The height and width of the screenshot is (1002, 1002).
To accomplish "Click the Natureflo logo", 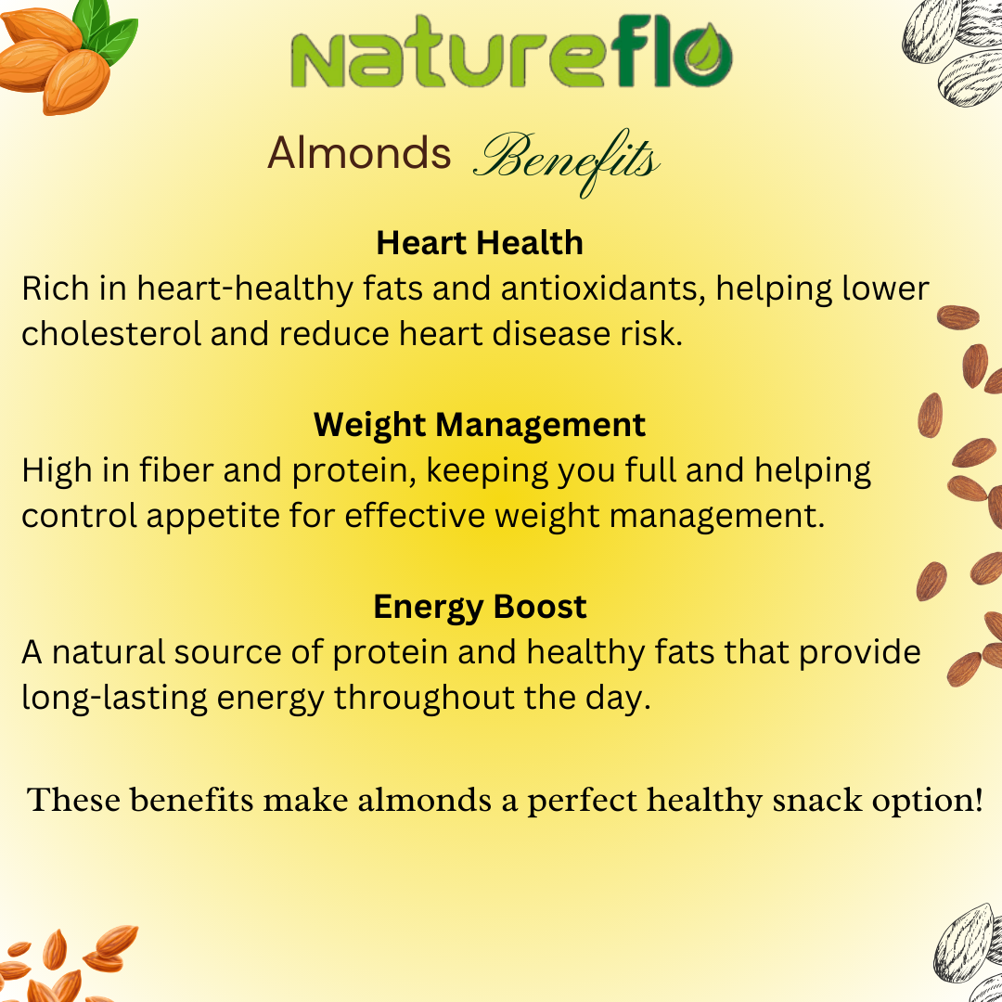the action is coord(511,52).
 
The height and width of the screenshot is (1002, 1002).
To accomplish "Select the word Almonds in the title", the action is coord(359,153).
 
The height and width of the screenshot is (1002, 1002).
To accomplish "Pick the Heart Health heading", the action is coord(480,243).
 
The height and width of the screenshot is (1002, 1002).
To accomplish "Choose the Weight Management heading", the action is coord(480,425).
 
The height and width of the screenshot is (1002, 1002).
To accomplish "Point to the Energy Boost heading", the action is coord(480,607).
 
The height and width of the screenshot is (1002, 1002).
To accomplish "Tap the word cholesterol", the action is coord(111,334).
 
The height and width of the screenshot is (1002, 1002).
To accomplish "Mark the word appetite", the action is coord(212,517).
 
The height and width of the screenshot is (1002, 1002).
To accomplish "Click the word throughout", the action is coord(424,697).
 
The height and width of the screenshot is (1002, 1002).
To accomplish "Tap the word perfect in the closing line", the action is coord(582,802).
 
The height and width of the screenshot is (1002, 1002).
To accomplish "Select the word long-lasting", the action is coord(114,698).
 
